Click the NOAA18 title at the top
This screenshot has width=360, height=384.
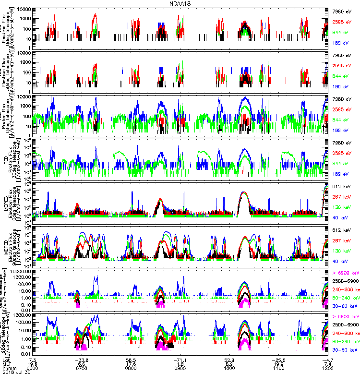click(x=180, y=3)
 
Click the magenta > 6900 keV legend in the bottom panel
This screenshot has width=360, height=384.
click(x=346, y=317)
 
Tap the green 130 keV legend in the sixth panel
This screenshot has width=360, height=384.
click(x=341, y=251)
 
